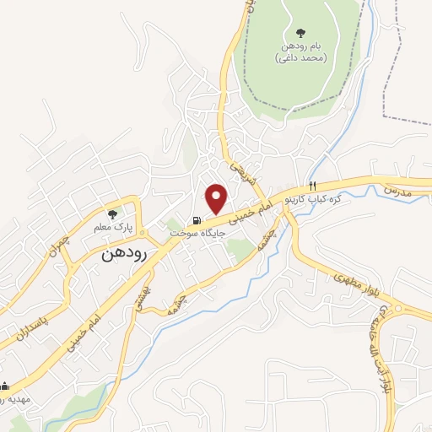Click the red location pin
tap(217, 197)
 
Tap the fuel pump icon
tap(197, 221)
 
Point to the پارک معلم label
tap(112, 226)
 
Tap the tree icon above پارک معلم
tap(112, 214)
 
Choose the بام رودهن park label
tap(301, 54)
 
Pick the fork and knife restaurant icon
tap(312, 186)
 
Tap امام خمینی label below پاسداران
tap(80, 334)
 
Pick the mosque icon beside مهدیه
tap(4, 386)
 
